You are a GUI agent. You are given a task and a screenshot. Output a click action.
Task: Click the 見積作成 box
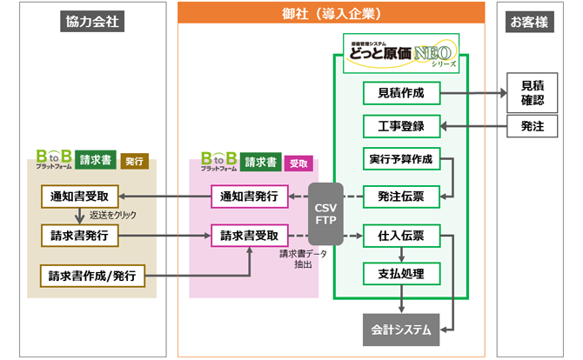400,92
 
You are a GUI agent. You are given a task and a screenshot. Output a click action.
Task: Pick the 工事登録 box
400,126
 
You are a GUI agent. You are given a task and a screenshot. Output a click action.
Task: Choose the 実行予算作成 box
400,159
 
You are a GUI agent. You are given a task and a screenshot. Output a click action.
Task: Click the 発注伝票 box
400,197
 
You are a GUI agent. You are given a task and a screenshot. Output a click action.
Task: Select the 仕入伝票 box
400,236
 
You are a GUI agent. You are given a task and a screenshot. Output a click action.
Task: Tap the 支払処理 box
400,274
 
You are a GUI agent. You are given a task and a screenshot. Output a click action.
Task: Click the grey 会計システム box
401,330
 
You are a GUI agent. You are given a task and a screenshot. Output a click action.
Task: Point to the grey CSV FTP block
325,213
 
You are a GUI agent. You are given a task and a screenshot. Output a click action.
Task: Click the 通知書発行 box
250,197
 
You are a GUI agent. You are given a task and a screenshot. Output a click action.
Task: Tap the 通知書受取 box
80,197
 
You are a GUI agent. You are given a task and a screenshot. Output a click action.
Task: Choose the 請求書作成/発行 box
92,276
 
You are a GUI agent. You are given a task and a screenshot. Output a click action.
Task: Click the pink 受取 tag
298,163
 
